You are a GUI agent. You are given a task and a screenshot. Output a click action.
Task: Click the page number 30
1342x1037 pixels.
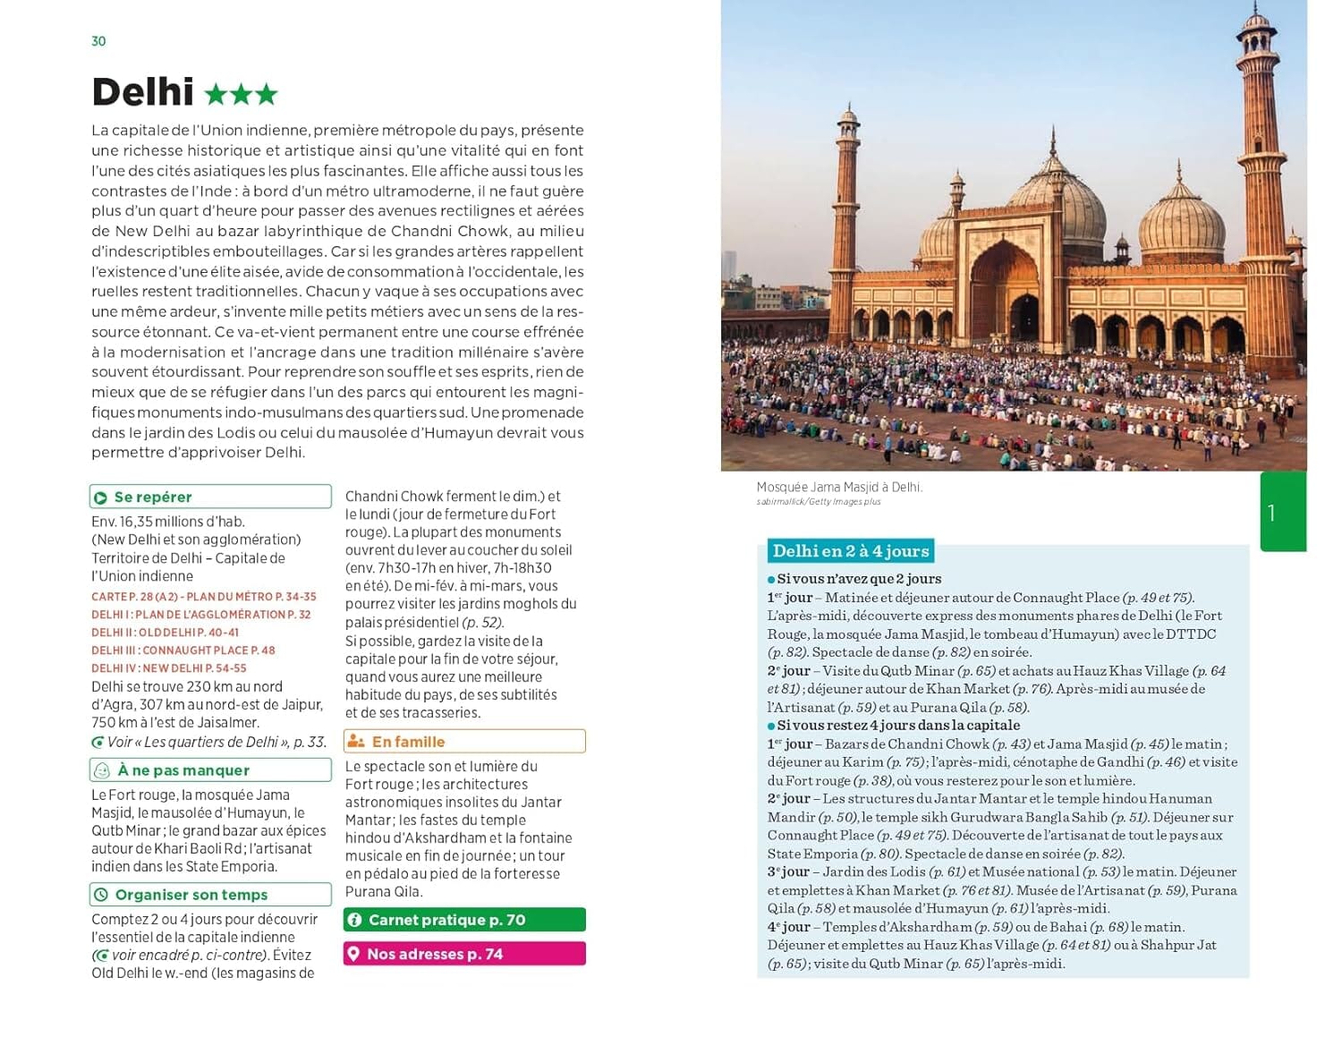coord(98,41)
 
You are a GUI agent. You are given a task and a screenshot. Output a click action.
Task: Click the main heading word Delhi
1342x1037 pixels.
coord(142,92)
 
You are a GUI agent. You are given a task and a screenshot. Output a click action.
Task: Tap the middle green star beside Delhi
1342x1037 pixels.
coord(241,94)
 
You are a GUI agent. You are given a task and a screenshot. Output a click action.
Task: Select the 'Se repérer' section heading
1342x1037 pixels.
coord(153,497)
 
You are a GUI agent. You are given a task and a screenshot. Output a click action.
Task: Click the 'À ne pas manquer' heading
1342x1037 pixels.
coord(183,770)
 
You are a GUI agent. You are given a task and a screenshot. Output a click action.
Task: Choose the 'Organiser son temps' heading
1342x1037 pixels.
coord(191,895)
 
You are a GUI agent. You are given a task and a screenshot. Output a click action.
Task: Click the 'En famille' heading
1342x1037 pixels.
coord(408,742)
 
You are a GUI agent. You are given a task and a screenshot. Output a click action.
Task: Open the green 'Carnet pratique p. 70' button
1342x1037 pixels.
coord(446,920)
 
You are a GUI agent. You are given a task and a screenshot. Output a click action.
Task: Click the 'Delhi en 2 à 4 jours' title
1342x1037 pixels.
coord(851,551)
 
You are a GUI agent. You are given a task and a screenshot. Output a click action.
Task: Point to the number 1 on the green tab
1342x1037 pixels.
coord(1271,513)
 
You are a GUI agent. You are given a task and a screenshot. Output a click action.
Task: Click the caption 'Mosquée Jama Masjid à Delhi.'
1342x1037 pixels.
coord(839,488)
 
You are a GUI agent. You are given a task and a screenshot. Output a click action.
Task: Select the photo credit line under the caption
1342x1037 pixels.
coord(818,502)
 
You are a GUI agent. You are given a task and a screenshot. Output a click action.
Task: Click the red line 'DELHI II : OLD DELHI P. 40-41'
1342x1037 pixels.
coord(165,633)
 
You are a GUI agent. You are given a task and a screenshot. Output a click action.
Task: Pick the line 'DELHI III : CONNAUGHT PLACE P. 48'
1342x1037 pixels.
coord(183,650)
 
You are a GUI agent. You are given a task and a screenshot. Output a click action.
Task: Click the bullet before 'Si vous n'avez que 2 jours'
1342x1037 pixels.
coord(771,580)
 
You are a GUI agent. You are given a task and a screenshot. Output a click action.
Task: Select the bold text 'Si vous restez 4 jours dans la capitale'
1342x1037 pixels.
coord(898,726)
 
